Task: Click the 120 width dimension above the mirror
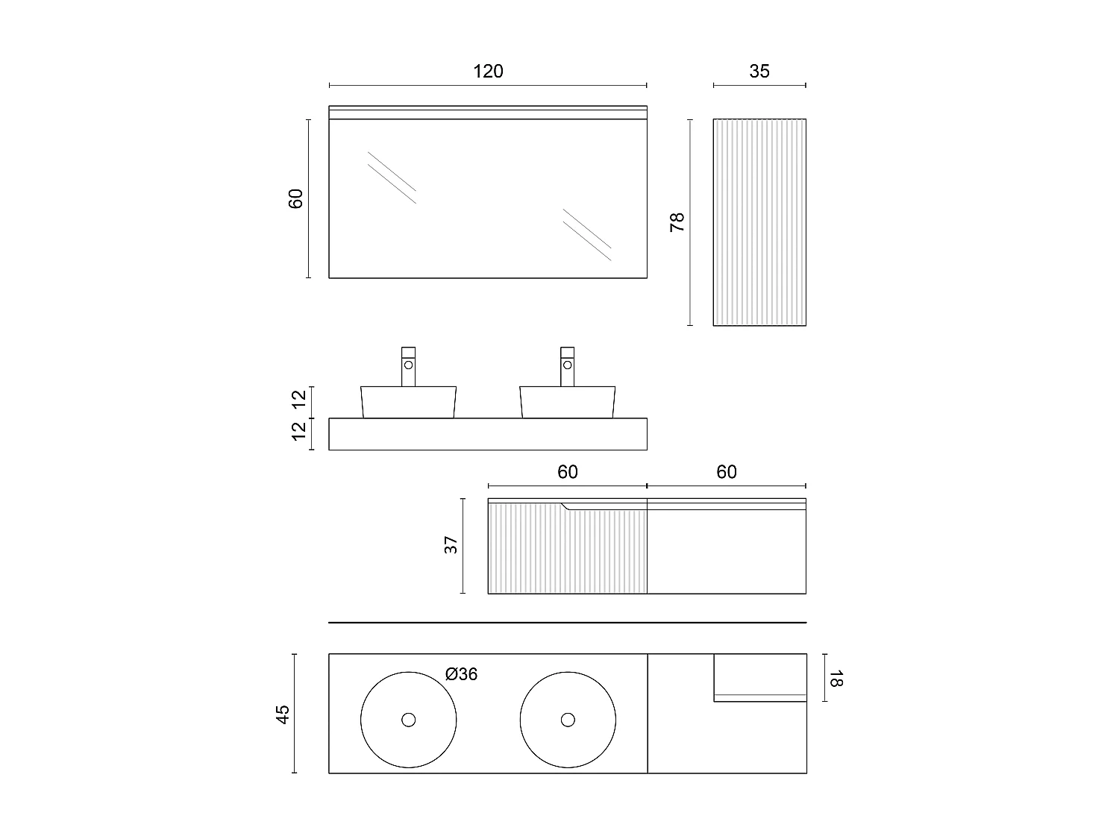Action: [488, 72]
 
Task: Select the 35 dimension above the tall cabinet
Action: [759, 72]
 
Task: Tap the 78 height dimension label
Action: [677, 222]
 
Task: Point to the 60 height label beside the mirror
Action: [296, 198]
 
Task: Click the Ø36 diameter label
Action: [461, 674]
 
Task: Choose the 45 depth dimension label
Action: [282, 714]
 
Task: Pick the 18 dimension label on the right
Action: [835, 678]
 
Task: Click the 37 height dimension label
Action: [451, 546]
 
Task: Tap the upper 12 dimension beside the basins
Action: [299, 400]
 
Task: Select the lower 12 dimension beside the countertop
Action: [299, 431]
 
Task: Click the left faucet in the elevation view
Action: [408, 366]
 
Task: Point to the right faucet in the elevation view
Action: [568, 366]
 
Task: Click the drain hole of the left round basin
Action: [408, 720]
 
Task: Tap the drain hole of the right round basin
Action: [568, 720]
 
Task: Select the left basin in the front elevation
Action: [408, 402]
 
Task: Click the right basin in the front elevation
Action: [568, 402]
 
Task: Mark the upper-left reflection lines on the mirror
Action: [392, 177]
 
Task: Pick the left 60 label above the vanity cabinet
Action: [567, 472]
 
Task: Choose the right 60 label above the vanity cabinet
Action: [726, 472]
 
